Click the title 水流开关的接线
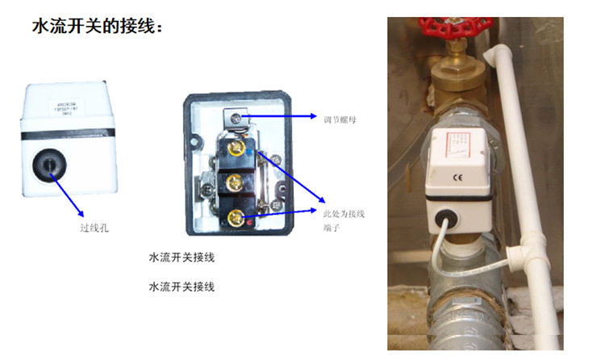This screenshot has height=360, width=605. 98,27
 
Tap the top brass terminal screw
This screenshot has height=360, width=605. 237,147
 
